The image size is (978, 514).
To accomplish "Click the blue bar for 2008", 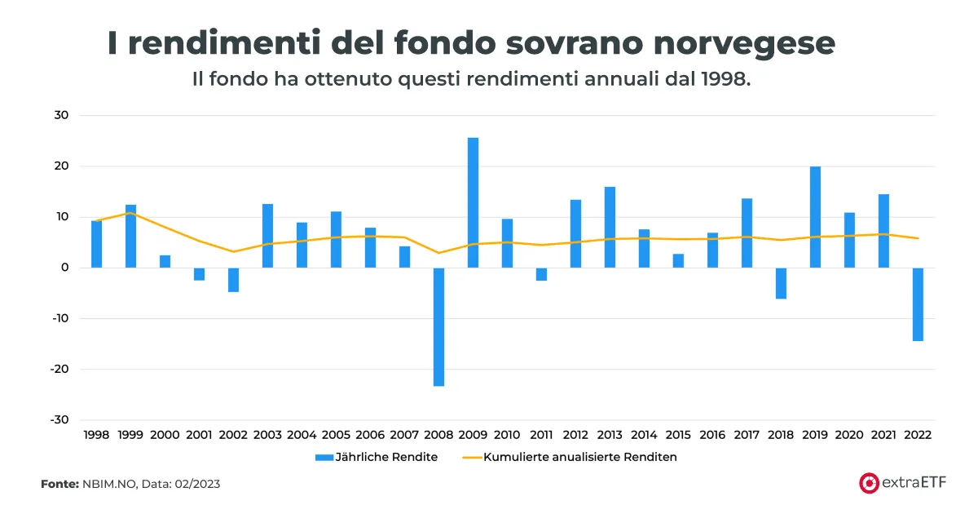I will tap(438, 326).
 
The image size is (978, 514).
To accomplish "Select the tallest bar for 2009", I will tap(473, 202).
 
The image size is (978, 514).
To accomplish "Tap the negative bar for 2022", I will tap(918, 304).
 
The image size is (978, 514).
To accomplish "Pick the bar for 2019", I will tap(815, 217).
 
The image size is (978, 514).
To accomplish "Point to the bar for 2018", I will tap(781, 283).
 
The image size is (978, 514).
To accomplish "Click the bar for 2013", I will tap(610, 227).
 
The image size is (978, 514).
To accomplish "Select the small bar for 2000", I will tap(165, 261).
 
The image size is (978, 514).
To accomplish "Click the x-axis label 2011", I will tap(541, 436).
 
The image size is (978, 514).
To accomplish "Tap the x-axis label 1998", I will tap(96, 436).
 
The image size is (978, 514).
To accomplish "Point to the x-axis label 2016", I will tap(712, 436).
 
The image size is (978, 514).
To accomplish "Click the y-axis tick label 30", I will tap(62, 116).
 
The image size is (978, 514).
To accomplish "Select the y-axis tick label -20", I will tap(59, 369).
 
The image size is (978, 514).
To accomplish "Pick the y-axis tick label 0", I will tap(64, 268).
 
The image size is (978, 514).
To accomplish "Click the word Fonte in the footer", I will tap(59, 484).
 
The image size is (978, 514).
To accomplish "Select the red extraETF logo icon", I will tap(868, 483).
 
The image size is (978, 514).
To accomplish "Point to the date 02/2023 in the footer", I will tap(193, 484).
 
